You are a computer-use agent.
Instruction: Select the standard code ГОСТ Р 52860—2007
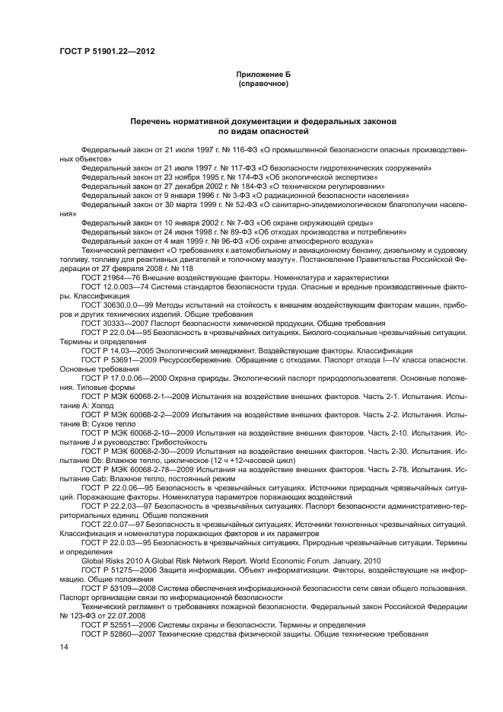[x=118, y=634]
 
